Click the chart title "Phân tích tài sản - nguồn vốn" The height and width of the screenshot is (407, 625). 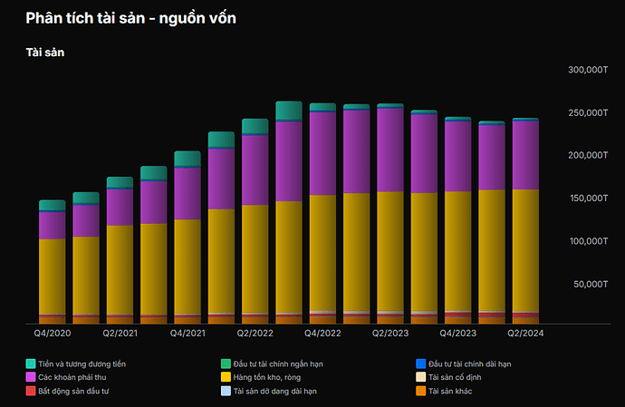131,17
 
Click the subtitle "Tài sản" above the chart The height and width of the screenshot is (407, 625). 44,53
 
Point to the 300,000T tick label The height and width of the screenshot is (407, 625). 587,70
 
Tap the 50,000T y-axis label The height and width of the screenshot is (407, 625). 590,285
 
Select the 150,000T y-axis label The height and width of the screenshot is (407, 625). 587,199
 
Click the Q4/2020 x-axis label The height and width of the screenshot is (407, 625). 52,334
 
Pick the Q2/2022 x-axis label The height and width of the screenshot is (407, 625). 255,334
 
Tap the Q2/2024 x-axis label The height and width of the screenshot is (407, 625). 525,334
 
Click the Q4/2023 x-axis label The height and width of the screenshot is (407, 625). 457,334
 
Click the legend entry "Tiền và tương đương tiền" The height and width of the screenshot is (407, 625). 82,363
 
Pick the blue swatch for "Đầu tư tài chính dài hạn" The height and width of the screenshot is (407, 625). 420,363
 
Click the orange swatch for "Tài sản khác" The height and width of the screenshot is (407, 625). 420,391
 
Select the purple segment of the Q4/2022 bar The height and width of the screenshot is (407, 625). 322,152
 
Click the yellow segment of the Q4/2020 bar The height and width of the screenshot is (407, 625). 52,276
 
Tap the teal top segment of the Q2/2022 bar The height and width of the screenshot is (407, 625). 255,126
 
